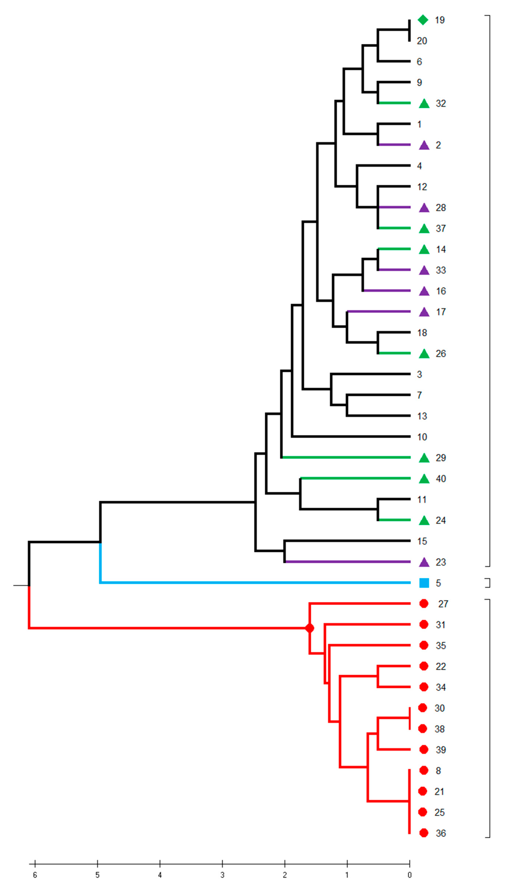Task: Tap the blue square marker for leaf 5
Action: [424, 583]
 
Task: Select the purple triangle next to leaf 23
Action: [424, 562]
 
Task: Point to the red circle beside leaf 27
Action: [424, 604]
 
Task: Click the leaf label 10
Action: [422, 437]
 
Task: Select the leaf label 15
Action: [422, 541]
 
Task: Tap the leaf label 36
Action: [441, 833]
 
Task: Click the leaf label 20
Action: [422, 41]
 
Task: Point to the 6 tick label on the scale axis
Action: [35, 875]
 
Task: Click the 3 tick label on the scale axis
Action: [222, 875]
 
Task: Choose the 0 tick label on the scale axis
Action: [410, 875]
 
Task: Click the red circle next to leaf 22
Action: [424, 666]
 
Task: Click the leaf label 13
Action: [422, 416]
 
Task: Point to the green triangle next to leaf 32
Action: [424, 104]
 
